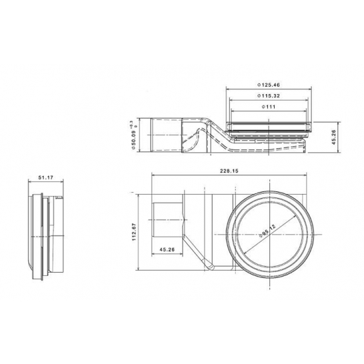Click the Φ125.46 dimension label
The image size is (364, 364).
(269, 85)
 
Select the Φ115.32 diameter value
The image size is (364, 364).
(269, 97)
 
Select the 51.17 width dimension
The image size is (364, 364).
(46, 177)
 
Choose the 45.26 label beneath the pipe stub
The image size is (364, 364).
(167, 250)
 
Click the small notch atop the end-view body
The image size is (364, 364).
(60, 197)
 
